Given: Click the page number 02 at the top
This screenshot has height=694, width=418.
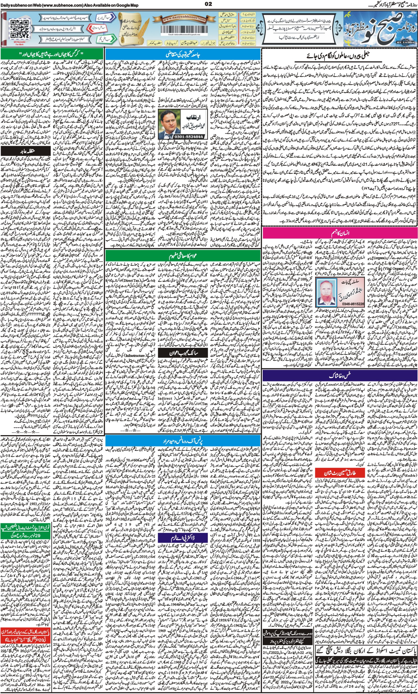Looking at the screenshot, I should click(x=208, y=4).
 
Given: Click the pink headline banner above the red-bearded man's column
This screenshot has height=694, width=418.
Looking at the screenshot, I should click(x=339, y=233).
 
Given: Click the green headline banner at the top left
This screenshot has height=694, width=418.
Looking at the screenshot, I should click(x=52, y=54).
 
